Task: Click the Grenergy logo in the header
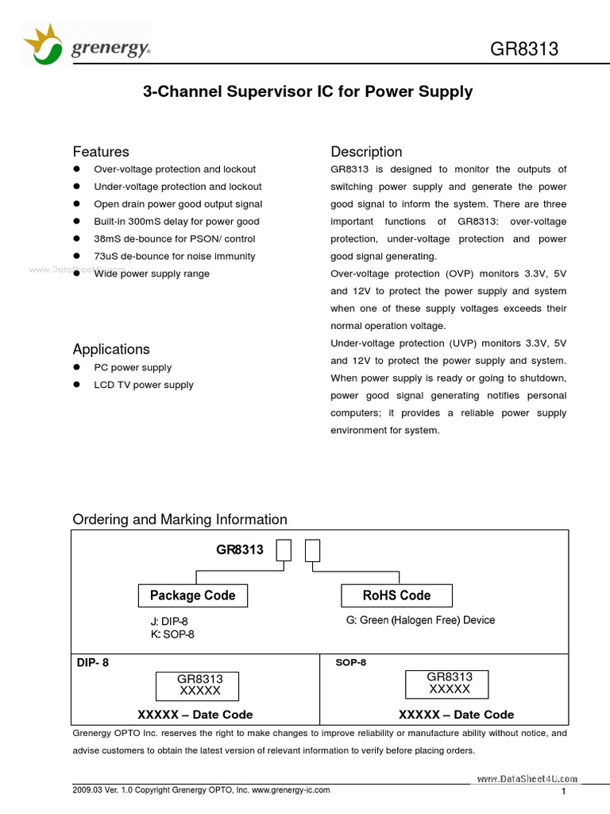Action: pyautogui.click(x=87, y=45)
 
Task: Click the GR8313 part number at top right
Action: pyautogui.click(x=524, y=48)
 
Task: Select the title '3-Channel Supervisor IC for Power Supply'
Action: pyautogui.click(x=307, y=91)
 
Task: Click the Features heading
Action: pyautogui.click(x=101, y=152)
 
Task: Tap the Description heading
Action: pyautogui.click(x=366, y=152)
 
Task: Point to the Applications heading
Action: pyautogui.click(x=111, y=350)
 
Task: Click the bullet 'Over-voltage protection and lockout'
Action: pyautogui.click(x=175, y=169)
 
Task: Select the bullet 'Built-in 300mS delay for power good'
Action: pyautogui.click(x=176, y=222)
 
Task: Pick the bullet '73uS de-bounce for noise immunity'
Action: pyautogui.click(x=175, y=257)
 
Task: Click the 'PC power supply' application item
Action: pyautogui.click(x=133, y=368)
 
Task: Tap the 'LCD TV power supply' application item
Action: pyautogui.click(x=144, y=386)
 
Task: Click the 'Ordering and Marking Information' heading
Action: pyautogui.click(x=180, y=520)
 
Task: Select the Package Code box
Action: pyautogui.click(x=193, y=595)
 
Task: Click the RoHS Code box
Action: pyautogui.click(x=396, y=595)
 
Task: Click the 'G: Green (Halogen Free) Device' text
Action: pyautogui.click(x=419, y=620)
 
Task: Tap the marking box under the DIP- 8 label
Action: pyautogui.click(x=200, y=685)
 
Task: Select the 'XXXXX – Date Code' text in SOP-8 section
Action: pyautogui.click(x=456, y=715)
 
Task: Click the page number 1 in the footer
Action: pyautogui.click(x=563, y=792)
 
